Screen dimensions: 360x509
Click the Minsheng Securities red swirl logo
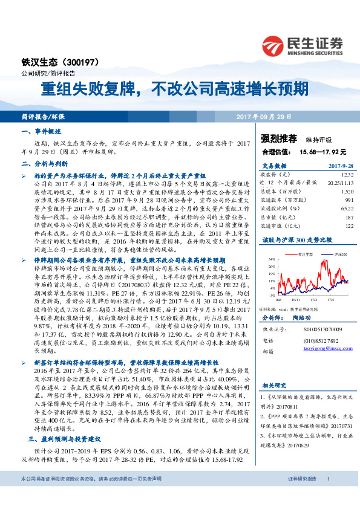click(274, 46)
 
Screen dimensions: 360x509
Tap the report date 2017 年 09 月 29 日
click(264, 115)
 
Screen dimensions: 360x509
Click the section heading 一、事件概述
click(41, 131)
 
